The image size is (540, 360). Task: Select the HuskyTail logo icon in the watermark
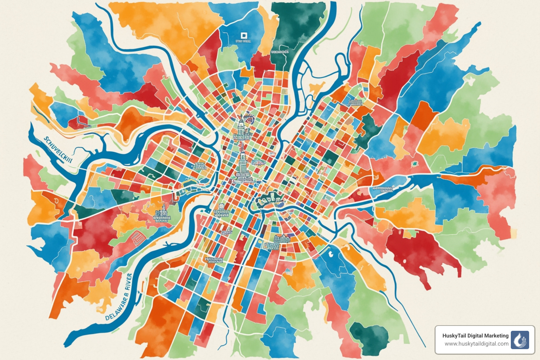pos(520,340)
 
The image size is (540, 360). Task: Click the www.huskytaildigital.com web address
pos(476,344)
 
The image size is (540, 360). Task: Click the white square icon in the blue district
pos(243,36)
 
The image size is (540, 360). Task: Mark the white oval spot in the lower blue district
pos(330,252)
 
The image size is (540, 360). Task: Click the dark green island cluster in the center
pos(269,200)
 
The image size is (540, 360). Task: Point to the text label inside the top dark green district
pos(280,52)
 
